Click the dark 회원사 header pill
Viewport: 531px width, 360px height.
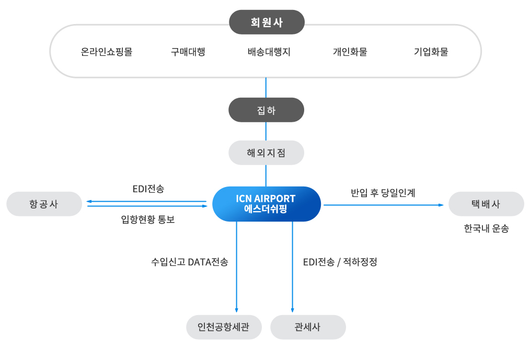coord(267,22)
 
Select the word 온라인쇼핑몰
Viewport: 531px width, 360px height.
coord(107,52)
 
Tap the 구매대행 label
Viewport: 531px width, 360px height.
coord(188,52)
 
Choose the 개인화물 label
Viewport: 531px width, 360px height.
coord(350,52)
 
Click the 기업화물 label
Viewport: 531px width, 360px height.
coord(431,52)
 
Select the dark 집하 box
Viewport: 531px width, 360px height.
coord(267,110)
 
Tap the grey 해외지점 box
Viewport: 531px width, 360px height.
coord(267,153)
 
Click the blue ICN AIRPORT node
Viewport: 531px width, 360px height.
coord(266,204)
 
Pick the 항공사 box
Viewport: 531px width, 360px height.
coord(44,204)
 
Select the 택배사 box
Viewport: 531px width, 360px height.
coord(486,204)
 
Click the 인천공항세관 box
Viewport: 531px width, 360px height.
coord(224,327)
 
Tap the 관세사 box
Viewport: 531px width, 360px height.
coord(308,327)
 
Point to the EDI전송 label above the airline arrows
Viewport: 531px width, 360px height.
coord(148,189)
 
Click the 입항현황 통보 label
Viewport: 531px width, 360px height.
coord(147,220)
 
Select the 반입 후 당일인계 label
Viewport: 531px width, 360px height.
coord(383,192)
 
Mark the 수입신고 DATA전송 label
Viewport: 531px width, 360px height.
coord(189,262)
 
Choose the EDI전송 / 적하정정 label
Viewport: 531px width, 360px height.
coord(340,262)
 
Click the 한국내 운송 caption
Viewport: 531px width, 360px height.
coord(486,228)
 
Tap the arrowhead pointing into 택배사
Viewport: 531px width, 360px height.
coord(441,205)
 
